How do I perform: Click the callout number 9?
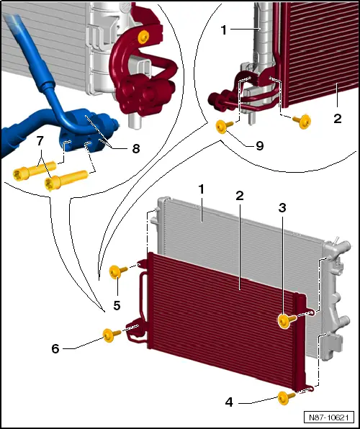click(259, 145)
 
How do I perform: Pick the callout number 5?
click(116, 306)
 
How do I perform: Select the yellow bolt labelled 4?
click(286, 396)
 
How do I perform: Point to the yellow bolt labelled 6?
click(110, 335)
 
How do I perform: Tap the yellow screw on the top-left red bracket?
click(144, 35)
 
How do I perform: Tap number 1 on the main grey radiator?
click(202, 189)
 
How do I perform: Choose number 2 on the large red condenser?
click(238, 195)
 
